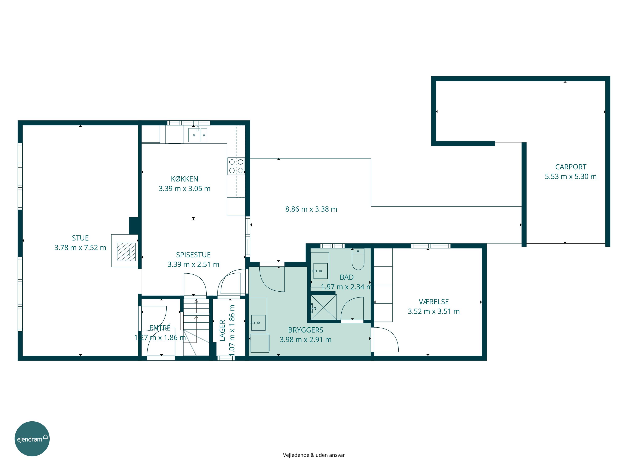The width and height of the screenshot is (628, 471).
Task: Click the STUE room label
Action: pyautogui.click(x=80, y=238)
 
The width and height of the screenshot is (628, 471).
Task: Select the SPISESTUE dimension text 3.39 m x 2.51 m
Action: pyautogui.click(x=193, y=264)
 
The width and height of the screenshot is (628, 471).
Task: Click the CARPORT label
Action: pyautogui.click(x=571, y=167)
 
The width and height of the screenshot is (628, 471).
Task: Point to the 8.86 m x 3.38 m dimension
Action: pyautogui.click(x=311, y=209)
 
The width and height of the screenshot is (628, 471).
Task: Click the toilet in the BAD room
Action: pyautogui.click(x=358, y=259)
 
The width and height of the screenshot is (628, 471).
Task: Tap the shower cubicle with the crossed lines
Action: pyautogui.click(x=323, y=308)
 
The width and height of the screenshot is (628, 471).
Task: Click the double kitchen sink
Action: pyautogui.click(x=198, y=135)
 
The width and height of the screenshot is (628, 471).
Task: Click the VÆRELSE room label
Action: pyautogui.click(x=434, y=302)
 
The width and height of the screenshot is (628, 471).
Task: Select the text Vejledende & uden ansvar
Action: pyautogui.click(x=314, y=455)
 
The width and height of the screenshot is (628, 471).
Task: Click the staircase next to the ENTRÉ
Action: pyautogui.click(x=196, y=327)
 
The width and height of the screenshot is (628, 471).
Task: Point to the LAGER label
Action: pyautogui.click(x=222, y=330)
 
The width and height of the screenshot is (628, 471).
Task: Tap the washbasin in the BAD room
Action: pyautogui.click(x=320, y=271)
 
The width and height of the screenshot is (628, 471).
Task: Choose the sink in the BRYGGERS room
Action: pyautogui.click(x=258, y=323)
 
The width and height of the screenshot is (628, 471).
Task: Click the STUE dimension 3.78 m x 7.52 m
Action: pyautogui.click(x=80, y=248)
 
